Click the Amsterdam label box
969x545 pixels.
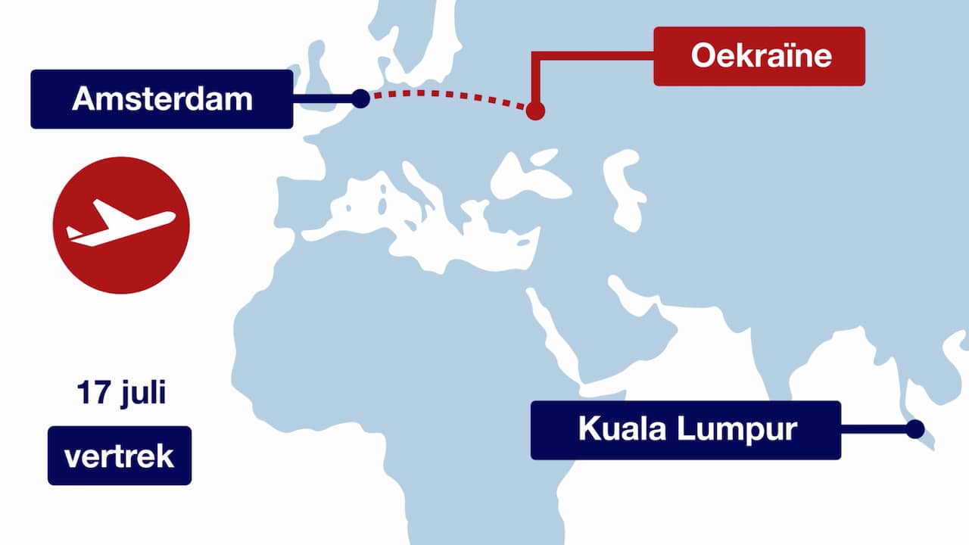161,99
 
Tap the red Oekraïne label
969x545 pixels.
759,56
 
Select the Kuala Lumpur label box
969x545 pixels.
685,430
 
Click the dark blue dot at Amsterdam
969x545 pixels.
361,98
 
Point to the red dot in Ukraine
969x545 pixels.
535,111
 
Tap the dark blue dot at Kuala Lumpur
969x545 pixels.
915,429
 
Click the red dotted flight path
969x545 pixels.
447,94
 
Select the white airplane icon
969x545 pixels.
121,225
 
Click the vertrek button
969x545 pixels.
120,456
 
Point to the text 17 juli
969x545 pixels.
121,394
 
